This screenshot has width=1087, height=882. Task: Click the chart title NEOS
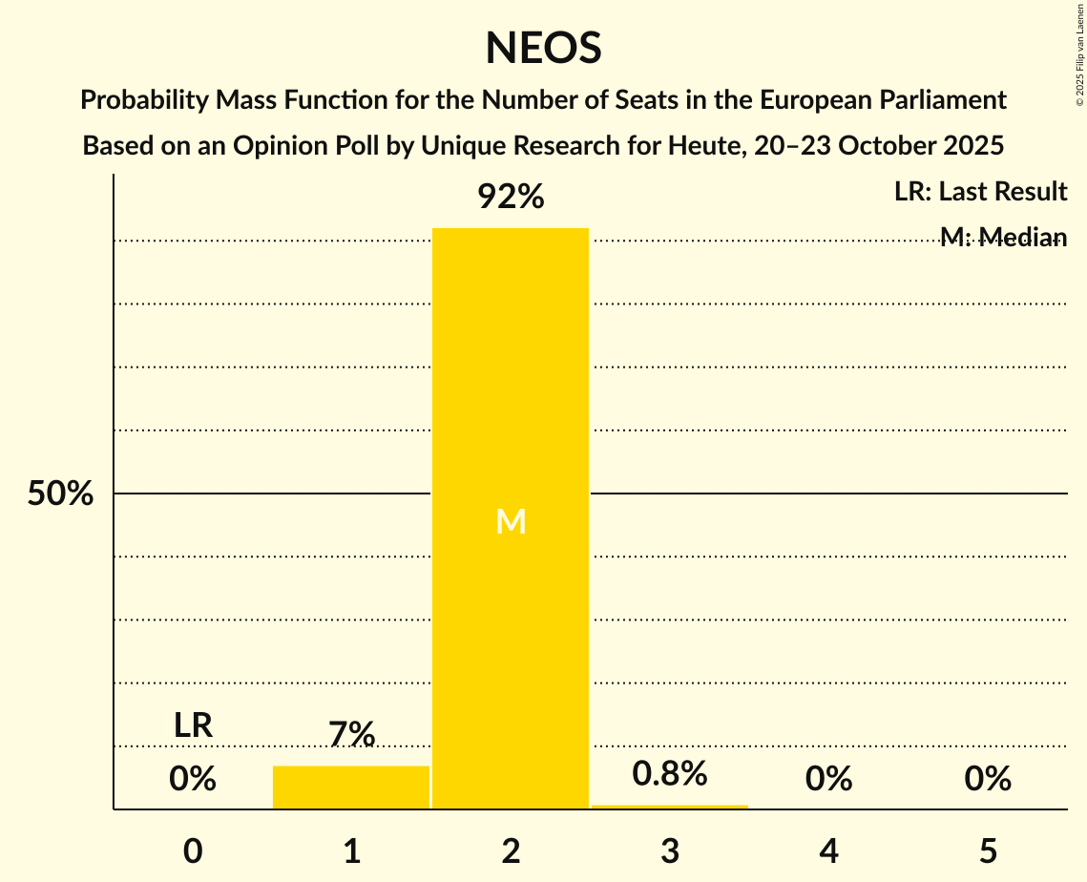click(x=543, y=48)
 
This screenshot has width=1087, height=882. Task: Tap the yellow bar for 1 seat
click(x=351, y=787)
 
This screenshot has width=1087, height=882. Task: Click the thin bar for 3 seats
click(x=670, y=808)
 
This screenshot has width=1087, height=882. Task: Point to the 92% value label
click(x=511, y=198)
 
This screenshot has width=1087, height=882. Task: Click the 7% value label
click(x=351, y=734)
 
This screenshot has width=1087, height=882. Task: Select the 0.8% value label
click(x=670, y=773)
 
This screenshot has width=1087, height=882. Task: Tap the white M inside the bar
click(x=511, y=521)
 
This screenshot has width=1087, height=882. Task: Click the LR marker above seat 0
click(x=193, y=725)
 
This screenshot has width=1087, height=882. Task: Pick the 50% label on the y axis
click(x=60, y=494)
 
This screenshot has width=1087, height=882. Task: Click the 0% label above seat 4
click(x=828, y=779)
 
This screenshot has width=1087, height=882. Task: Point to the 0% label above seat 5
click(x=988, y=779)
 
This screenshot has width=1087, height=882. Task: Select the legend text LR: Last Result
click(x=980, y=192)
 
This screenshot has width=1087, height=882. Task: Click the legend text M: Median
click(x=1003, y=237)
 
